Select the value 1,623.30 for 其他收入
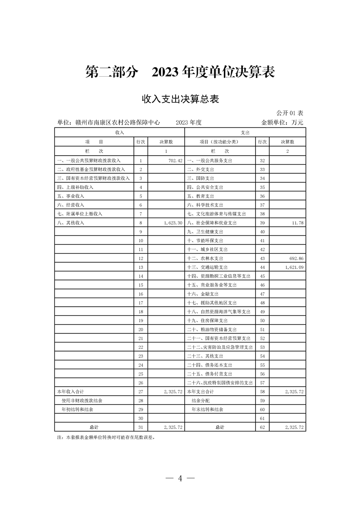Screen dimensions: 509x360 tap(171, 223)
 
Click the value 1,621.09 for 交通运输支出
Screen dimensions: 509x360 tap(292, 267)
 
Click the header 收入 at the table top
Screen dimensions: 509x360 tap(120, 132)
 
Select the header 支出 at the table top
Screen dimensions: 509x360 tap(245, 132)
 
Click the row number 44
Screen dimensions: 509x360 tap(262, 267)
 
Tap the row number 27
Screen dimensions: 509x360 tap(141, 391)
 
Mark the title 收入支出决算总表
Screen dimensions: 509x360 tap(180, 99)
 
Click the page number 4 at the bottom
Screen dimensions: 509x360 tap(180, 478)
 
